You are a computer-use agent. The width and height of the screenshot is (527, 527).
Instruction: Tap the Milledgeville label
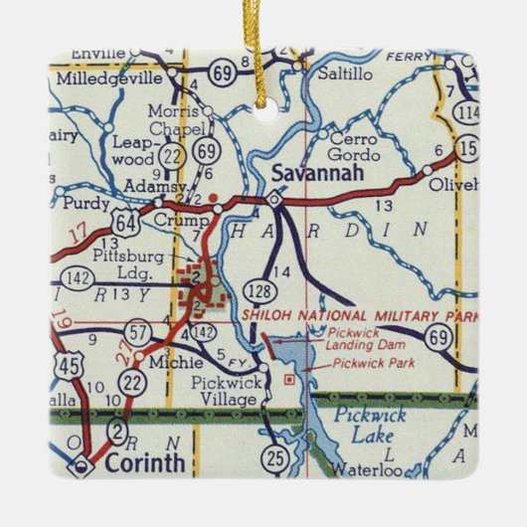coord(111,77)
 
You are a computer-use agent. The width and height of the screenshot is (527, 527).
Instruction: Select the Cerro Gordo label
coord(354,147)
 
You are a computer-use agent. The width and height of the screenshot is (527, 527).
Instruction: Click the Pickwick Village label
coord(229,391)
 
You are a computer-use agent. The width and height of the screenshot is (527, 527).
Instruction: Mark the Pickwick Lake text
coord(364,425)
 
